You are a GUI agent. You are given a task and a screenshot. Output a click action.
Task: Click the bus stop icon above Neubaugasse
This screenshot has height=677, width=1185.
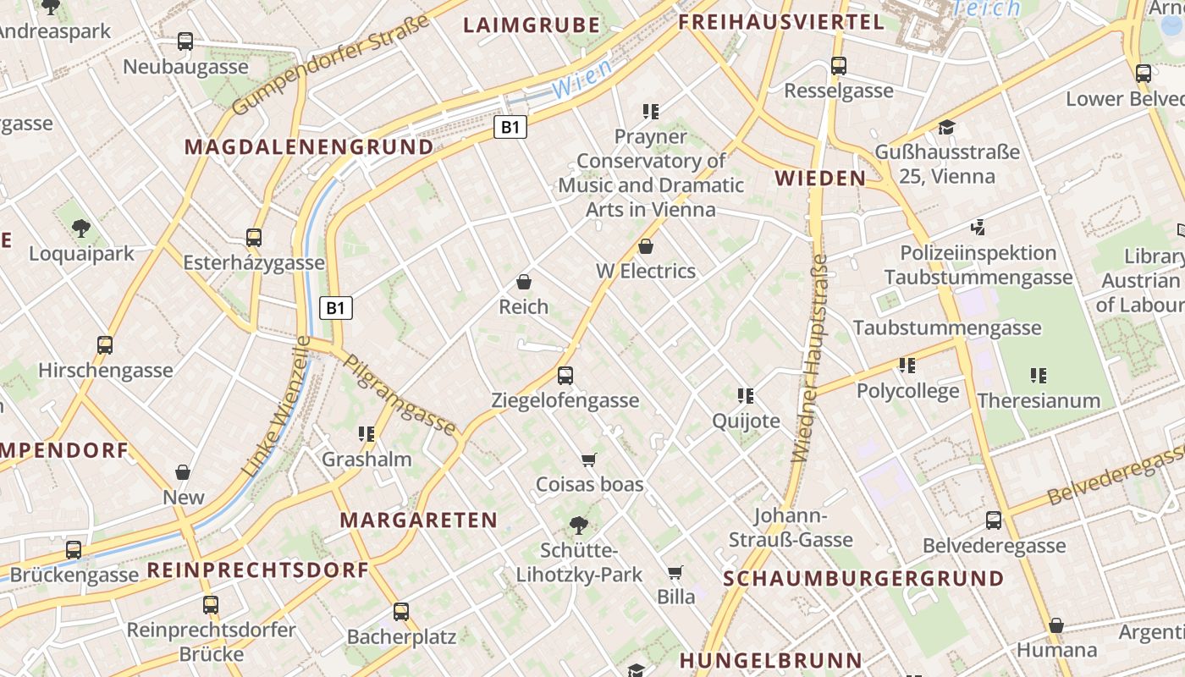(185, 41)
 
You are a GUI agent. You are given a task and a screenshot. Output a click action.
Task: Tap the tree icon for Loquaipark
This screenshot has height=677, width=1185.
(81, 228)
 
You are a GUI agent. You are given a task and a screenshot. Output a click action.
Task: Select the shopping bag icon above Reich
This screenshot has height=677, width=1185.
(524, 281)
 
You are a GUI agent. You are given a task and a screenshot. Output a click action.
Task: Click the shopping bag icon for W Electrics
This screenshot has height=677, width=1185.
(646, 246)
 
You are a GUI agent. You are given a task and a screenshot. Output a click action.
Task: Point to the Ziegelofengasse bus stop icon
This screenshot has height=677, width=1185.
(565, 375)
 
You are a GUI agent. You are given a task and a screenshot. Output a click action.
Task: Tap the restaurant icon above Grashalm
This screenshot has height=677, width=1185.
(367, 434)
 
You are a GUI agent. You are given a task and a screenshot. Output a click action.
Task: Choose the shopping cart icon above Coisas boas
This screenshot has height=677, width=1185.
(589, 460)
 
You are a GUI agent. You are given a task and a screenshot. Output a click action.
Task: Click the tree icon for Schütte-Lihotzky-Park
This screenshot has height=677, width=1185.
(579, 526)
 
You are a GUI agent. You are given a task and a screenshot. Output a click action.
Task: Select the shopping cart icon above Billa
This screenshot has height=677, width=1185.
(675, 572)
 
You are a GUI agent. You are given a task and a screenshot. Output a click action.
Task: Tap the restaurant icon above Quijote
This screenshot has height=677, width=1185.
(746, 395)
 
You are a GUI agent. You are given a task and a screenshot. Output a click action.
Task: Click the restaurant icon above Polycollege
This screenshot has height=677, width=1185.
(907, 366)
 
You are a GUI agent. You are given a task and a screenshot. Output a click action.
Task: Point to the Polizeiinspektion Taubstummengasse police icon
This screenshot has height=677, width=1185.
(978, 227)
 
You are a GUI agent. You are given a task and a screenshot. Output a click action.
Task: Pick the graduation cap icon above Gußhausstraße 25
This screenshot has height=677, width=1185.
(946, 128)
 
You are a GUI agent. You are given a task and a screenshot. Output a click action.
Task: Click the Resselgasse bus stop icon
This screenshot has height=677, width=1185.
(838, 65)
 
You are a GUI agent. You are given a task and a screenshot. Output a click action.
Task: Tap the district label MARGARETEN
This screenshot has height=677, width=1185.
(418, 520)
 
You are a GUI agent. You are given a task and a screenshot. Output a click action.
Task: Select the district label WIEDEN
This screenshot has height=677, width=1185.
(820, 179)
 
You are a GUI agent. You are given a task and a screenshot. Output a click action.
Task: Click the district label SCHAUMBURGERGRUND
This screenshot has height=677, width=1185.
(863, 579)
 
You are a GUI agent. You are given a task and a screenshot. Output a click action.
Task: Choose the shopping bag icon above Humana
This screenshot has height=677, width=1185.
(1056, 625)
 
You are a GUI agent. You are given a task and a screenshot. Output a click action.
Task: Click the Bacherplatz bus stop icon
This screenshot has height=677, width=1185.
(401, 611)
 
